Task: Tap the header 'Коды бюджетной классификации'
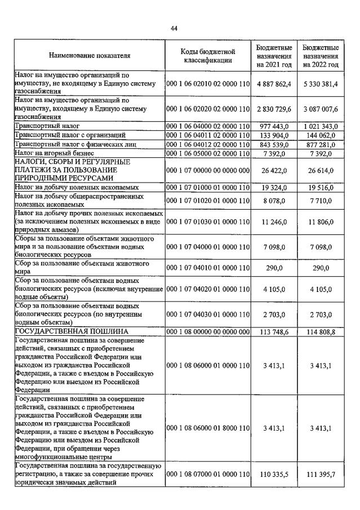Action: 207,56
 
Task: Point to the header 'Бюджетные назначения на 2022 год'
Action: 320,56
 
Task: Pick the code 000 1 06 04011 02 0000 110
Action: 207,135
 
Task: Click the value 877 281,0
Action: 320,144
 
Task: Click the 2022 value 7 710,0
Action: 320,200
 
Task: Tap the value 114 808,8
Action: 320,332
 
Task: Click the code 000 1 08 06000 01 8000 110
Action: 207,428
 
